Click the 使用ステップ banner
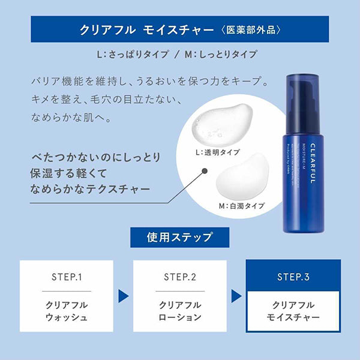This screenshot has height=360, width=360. click(179, 238)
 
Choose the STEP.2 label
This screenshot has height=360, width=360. click(181, 277)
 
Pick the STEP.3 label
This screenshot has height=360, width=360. click(293, 277)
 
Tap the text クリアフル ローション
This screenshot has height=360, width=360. click(181, 310)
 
